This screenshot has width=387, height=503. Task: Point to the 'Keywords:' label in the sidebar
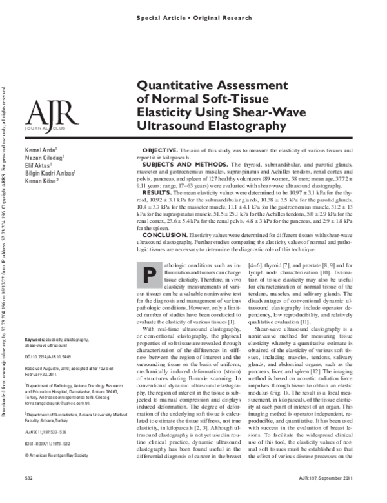pyautogui.click(x=35, y=340)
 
